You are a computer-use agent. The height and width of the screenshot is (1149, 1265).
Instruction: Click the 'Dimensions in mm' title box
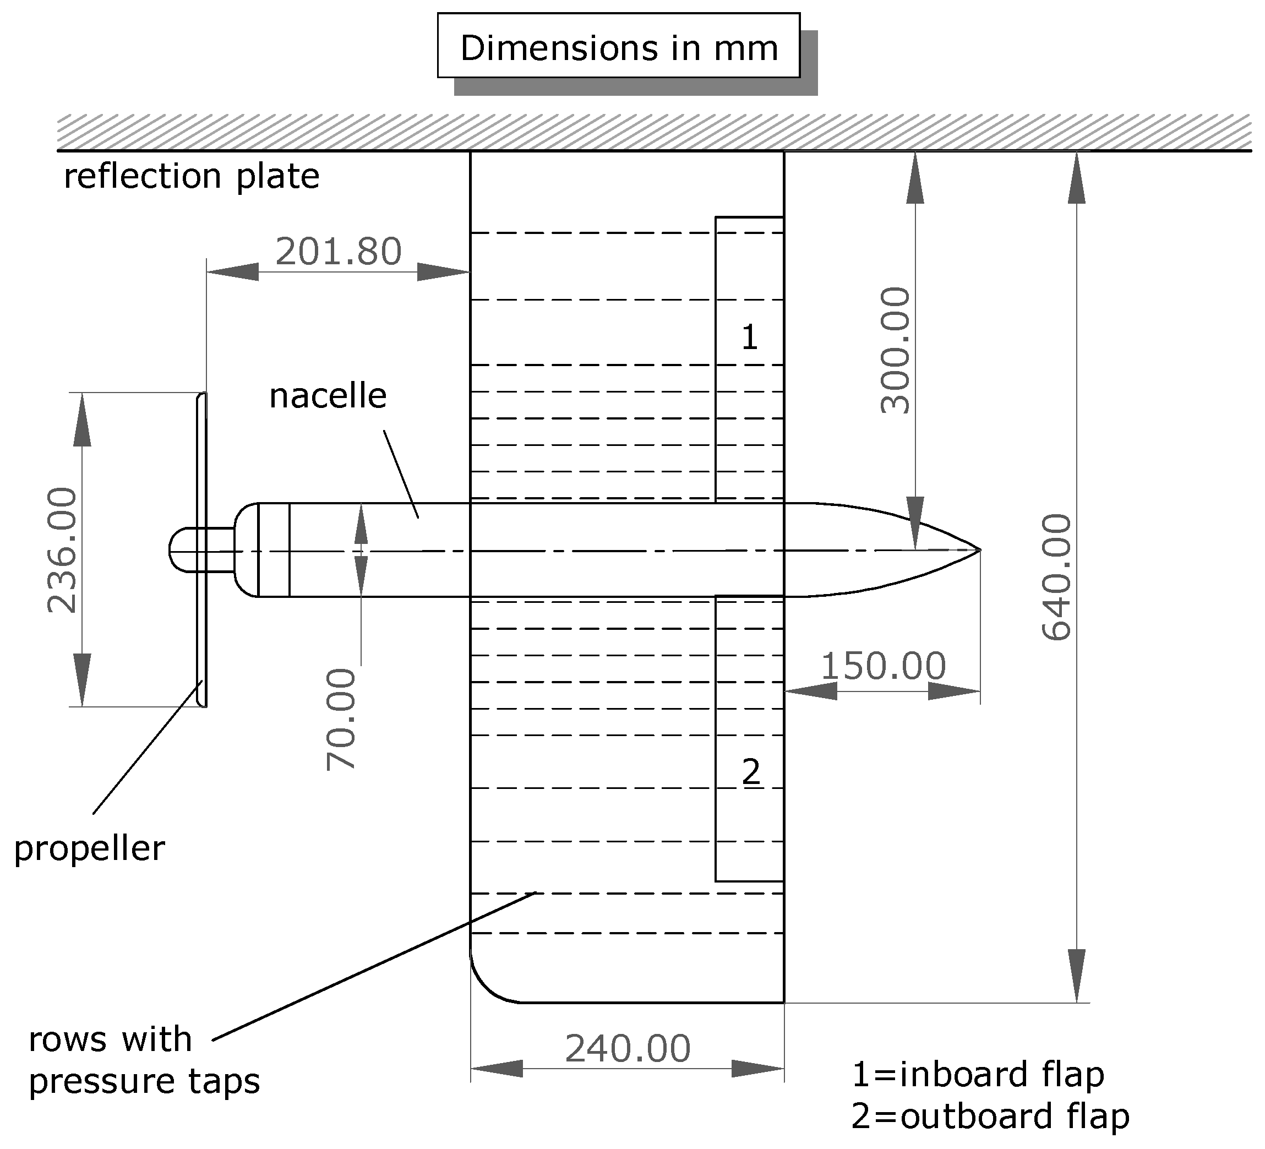coord(619,46)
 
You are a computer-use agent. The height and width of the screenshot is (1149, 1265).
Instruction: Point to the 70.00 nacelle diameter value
coord(341,719)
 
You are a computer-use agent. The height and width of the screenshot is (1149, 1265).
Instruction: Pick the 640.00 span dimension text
coord(1057,578)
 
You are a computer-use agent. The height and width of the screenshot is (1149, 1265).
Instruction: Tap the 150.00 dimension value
coord(883,666)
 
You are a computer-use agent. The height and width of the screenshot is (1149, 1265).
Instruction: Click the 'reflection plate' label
coord(192,176)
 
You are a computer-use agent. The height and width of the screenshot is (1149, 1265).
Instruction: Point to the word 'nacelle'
coord(328,396)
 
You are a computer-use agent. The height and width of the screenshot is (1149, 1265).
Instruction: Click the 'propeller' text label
coord(89,848)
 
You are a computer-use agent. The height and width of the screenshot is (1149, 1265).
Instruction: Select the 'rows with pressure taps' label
coord(144,1060)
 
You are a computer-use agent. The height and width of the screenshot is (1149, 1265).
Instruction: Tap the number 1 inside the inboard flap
coord(750,337)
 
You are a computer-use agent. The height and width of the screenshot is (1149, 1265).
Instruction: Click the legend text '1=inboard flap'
coord(978,1074)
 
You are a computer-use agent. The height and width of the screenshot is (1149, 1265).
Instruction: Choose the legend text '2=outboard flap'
coord(990,1117)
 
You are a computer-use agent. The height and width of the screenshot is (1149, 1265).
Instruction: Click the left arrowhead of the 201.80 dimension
coord(232,272)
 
